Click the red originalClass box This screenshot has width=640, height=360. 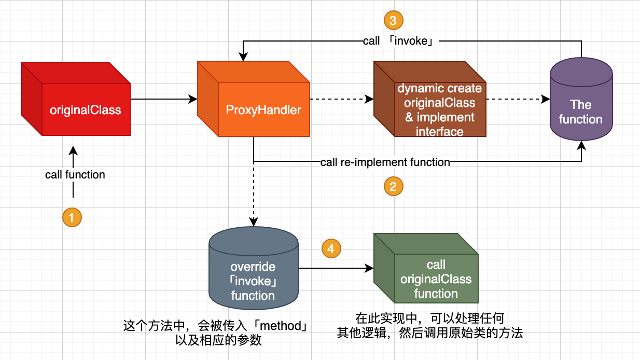85,109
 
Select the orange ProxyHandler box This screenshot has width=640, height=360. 263,109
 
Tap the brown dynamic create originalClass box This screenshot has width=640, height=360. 439,109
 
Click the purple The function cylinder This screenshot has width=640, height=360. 581,112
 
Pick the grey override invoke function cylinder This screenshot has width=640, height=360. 253,281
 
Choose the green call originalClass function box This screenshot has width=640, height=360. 436,279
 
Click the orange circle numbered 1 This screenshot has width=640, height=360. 72,217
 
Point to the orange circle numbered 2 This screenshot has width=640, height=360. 393,186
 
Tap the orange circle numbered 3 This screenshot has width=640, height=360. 393,21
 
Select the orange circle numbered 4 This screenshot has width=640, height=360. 331,248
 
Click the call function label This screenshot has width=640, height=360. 75,175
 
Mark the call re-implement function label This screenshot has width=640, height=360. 385,162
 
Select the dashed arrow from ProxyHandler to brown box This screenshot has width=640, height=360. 341,99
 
